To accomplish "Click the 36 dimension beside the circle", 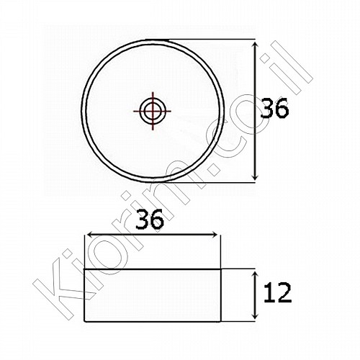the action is tap(274, 108).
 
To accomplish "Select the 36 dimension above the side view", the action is tap(150, 219).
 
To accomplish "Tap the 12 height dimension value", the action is tap(277, 293).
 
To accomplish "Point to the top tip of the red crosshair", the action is tap(152, 92).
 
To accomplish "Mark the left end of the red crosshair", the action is tap(133, 111).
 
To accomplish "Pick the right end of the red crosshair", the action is tap(171, 111).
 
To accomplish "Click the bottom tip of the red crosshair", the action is tap(152, 130).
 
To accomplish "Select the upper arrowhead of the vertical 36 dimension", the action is tap(255, 42).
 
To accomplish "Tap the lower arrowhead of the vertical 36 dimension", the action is tap(255, 179).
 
